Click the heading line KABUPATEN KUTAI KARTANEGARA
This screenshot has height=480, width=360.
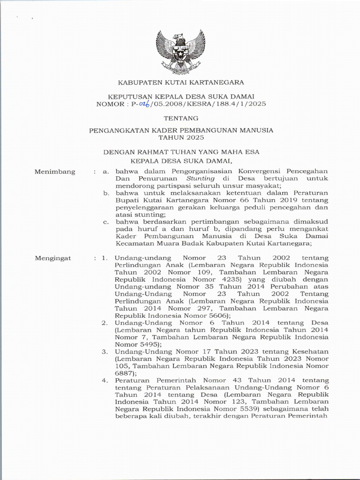[180, 82]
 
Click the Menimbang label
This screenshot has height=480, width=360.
[55, 172]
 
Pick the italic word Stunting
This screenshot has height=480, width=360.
[201, 179]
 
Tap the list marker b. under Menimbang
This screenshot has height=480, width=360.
[106, 193]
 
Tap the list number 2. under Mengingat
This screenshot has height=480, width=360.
[105, 322]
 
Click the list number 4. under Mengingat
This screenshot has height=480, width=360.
[105, 380]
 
